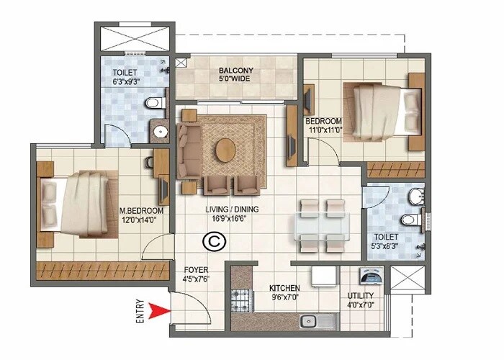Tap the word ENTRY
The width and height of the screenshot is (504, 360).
140,311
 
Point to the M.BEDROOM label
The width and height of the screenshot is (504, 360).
141,210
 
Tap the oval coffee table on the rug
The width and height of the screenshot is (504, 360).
225,151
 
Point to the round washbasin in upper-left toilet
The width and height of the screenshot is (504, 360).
160,132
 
